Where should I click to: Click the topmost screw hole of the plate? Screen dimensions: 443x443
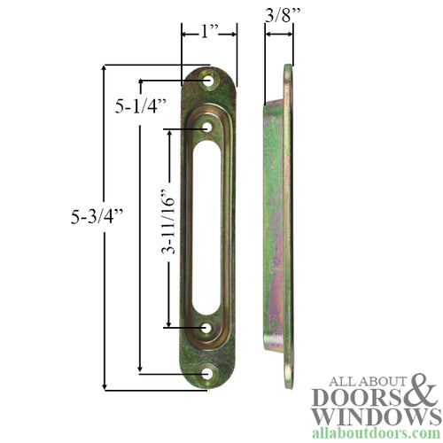210,81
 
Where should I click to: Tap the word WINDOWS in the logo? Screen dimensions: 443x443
369,416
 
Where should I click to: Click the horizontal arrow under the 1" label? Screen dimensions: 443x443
209,35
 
